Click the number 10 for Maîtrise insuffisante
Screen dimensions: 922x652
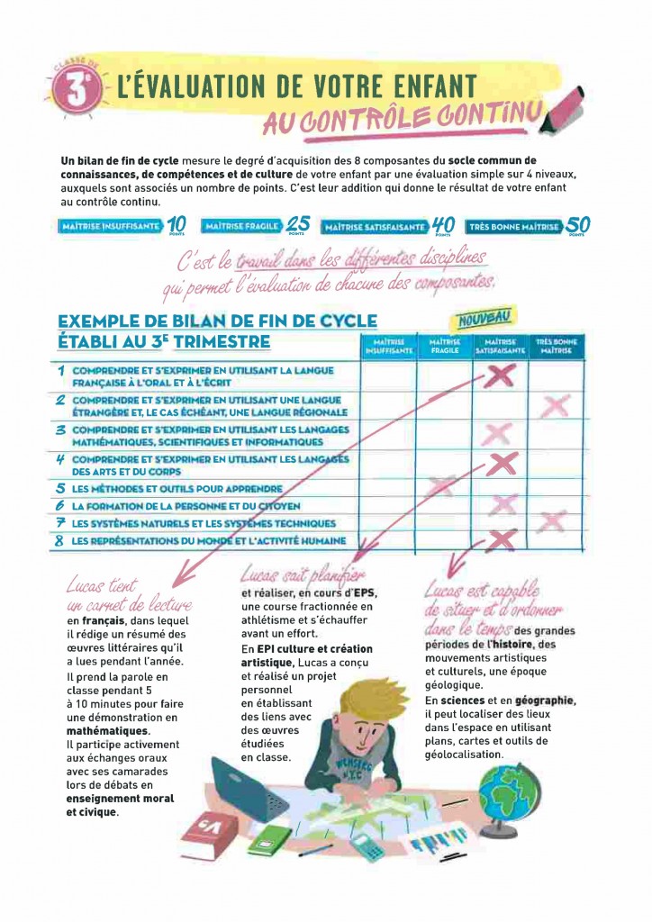tap(177, 225)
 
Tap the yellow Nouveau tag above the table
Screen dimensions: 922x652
tap(478, 316)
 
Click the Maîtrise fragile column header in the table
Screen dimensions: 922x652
tap(445, 347)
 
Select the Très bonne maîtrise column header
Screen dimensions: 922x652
tap(556, 347)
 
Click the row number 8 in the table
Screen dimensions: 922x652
tap(59, 540)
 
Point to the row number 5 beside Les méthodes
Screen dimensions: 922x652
tap(59, 488)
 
